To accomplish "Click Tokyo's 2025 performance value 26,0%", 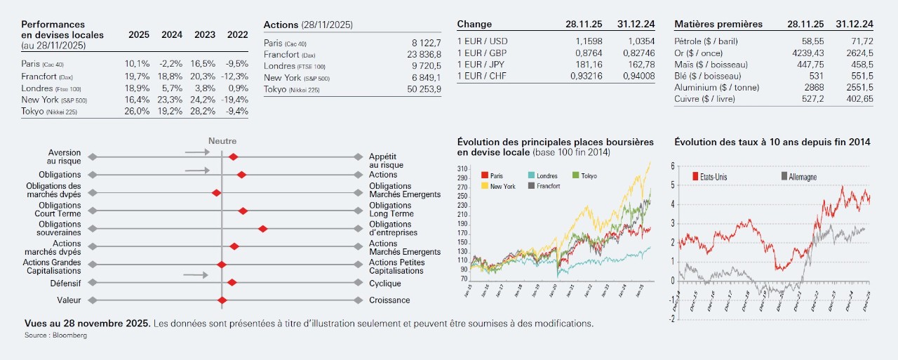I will [x=137, y=111].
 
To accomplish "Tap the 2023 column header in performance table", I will [x=204, y=34].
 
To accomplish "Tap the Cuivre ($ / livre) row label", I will [x=710, y=99].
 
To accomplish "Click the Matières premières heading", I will [x=718, y=24].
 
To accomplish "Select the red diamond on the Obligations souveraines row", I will [x=263, y=228].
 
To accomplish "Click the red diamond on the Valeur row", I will [x=222, y=300].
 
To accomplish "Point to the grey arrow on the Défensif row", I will [x=196, y=275].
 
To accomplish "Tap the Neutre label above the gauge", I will [x=222, y=141].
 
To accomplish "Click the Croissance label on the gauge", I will [x=389, y=300].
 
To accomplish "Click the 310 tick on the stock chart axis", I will [x=462, y=169].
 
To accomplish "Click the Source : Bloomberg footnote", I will [x=55, y=336].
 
